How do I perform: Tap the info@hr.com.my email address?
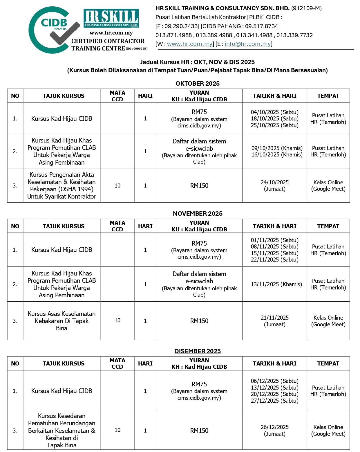click(x=247, y=44)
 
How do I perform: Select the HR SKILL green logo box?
click(x=111, y=18)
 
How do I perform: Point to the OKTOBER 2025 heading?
click(x=197, y=84)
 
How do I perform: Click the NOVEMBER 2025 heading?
click(x=198, y=214)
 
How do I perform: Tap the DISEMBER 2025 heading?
click(x=197, y=351)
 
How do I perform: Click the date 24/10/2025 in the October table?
click(x=274, y=182)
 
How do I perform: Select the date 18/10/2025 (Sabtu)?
click(x=274, y=118)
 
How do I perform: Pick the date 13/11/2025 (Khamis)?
click(x=276, y=284)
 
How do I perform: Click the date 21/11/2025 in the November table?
click(x=274, y=318)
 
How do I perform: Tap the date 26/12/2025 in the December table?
click(x=274, y=427)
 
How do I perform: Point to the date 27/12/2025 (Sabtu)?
click(x=274, y=401)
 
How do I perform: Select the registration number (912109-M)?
click(x=306, y=8)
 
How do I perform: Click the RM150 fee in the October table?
click(x=199, y=186)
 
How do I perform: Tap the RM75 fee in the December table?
click(x=199, y=384)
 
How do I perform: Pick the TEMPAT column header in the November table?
click(x=328, y=226)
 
